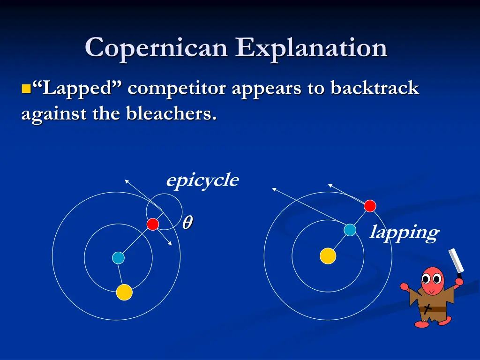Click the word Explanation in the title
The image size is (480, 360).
tap(312, 49)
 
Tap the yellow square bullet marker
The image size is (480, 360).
tap(26, 89)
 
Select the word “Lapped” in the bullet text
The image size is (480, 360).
tap(78, 89)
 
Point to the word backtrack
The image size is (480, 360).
tap(375, 88)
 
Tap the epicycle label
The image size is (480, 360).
tap(202, 180)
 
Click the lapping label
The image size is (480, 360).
tap(404, 232)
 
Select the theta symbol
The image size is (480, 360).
tap(187, 223)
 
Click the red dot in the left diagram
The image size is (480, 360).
tap(153, 225)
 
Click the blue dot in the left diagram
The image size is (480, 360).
tap(118, 258)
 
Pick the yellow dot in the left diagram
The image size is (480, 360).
tap(124, 292)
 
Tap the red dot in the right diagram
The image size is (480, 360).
tap(370, 206)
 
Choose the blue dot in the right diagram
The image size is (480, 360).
tap(350, 230)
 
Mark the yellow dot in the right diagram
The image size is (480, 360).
tap(328, 256)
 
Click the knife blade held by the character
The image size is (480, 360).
tap(456, 261)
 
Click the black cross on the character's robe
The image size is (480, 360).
tap(427, 308)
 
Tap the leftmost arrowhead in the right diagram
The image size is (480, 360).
tap(274, 189)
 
